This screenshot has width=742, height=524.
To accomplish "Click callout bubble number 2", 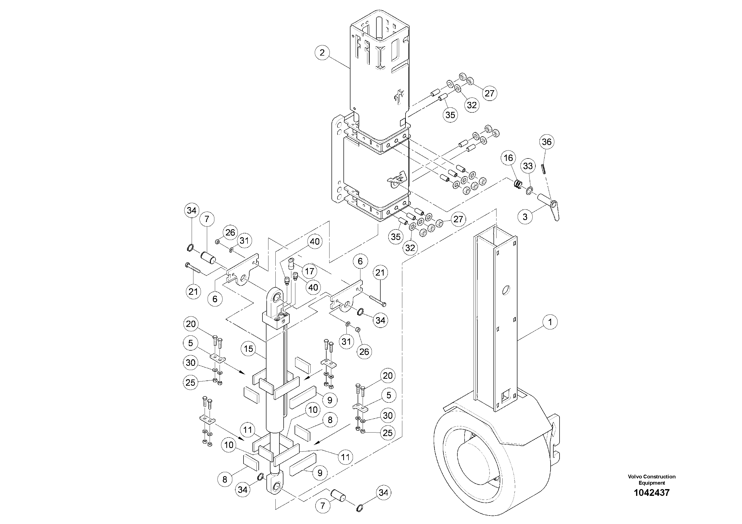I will point(322,53).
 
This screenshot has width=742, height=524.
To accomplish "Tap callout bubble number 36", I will point(547,142).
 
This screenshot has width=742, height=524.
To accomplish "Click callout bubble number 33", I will point(528,166).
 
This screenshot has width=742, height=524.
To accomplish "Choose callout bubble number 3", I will point(525,217).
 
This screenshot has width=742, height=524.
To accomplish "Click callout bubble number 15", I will point(248,349).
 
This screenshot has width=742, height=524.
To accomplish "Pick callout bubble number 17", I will point(310,271).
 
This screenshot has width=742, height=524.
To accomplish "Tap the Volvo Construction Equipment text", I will point(652,479).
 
